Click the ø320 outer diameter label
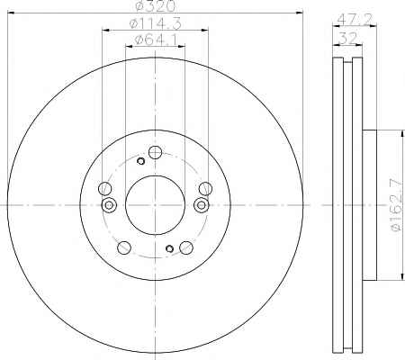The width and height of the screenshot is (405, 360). coord(155,6)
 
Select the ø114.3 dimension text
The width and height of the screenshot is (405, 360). coord(156,23)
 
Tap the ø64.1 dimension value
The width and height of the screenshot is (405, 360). coord(156,40)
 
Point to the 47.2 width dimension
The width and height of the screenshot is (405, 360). coord(355,20)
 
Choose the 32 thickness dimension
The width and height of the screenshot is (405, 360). coord(348,39)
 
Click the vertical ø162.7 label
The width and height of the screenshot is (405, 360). coord(396,204)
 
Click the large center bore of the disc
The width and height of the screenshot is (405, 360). coord(155,205)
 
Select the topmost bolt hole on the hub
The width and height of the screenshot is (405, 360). coord(156,152)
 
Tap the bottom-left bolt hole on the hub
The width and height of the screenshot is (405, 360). coord(124,247)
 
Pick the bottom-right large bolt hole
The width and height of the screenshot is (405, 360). coord(186,247)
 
